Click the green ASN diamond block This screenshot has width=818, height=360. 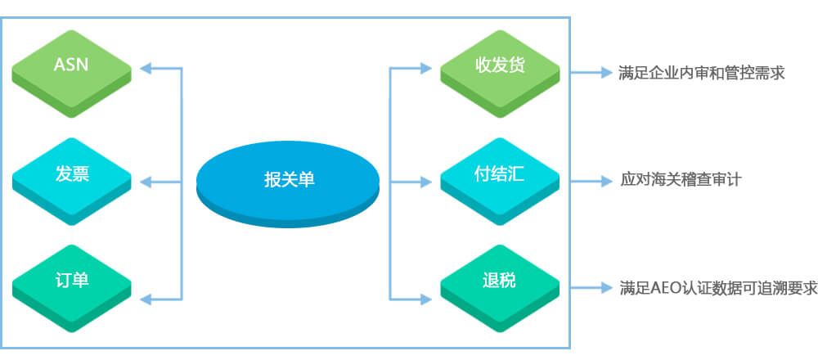[71, 74]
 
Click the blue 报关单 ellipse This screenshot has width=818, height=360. [287, 183]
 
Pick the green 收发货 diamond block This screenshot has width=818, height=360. [500, 74]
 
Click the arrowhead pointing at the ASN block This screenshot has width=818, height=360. [146, 68]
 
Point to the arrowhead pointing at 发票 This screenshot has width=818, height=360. [146, 182]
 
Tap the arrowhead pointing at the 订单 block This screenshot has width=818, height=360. [146, 299]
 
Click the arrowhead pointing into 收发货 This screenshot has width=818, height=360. [426, 68]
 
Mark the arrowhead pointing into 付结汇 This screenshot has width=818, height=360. [426, 182]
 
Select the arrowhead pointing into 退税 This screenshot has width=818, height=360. [426, 299]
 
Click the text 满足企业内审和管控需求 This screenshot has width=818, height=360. [702, 73]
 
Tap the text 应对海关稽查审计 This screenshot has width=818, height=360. [681, 181]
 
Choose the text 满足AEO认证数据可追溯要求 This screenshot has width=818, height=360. [718, 287]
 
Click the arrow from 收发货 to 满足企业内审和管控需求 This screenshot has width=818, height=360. [591, 73]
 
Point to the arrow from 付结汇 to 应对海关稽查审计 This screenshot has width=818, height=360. [591, 181]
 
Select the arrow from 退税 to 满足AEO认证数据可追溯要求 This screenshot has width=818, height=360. [591, 287]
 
